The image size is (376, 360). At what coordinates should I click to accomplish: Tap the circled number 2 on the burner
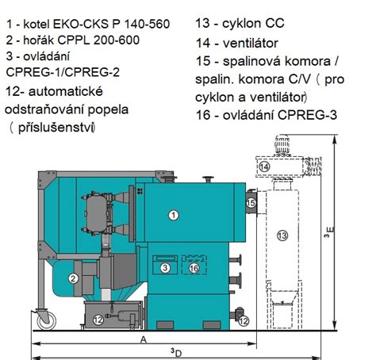click(x=72, y=278)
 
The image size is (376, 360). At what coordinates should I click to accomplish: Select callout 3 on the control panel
click(x=165, y=268)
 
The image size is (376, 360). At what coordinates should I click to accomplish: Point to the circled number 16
click(x=194, y=268)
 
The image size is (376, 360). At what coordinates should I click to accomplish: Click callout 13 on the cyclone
click(x=282, y=235)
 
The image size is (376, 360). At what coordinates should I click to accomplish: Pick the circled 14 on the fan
click(x=265, y=167)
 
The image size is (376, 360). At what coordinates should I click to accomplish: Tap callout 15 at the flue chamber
click(x=251, y=204)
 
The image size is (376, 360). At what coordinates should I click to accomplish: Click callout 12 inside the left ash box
click(x=97, y=320)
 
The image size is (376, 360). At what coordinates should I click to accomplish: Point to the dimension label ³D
click(x=175, y=351)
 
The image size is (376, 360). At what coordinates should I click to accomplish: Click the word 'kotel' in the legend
click(x=44, y=10)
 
